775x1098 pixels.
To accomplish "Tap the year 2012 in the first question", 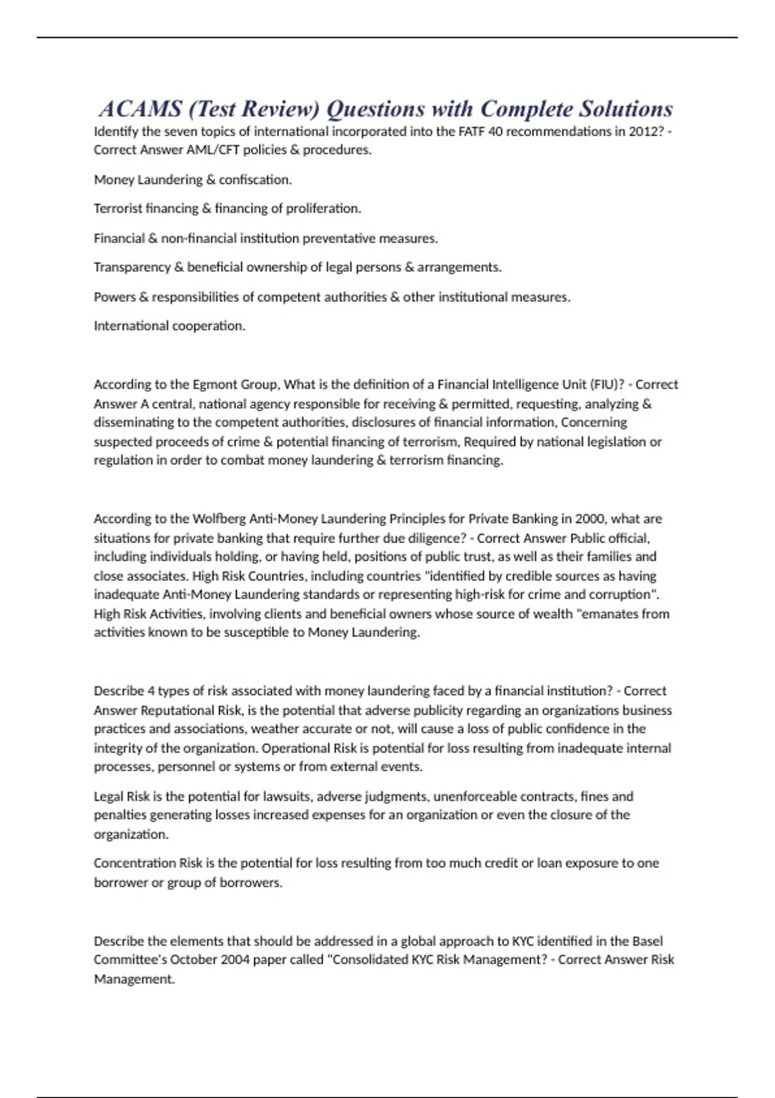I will coord(643,131).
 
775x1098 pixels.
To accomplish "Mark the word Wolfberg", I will coord(220,519).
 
